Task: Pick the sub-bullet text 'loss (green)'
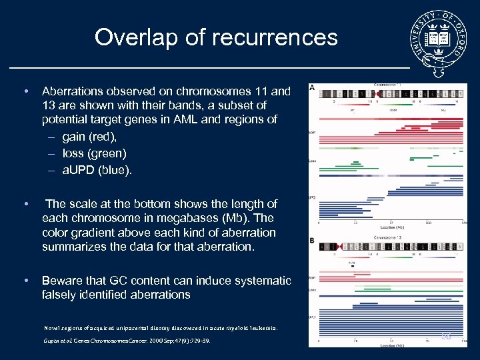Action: (x=94, y=153)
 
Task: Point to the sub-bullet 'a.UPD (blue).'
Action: (x=97, y=170)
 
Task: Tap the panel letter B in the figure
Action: (x=311, y=240)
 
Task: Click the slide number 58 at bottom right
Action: (x=446, y=337)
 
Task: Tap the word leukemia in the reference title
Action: (x=261, y=328)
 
